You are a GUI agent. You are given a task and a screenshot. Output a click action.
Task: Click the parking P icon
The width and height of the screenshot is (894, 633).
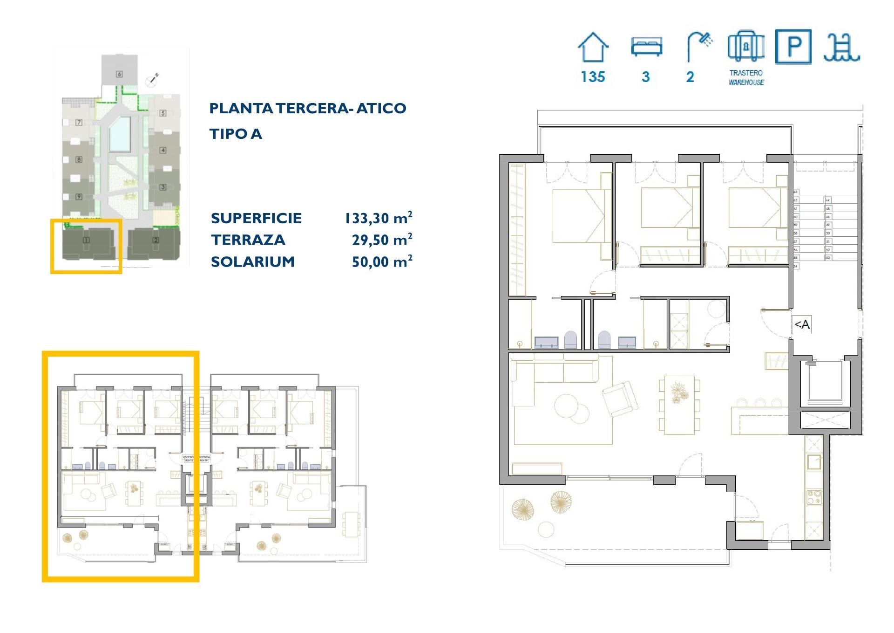(x=793, y=47)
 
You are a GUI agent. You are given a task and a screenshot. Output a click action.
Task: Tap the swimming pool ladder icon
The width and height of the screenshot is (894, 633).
(x=841, y=48)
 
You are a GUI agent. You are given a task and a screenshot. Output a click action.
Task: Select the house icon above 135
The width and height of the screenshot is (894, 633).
(x=593, y=48)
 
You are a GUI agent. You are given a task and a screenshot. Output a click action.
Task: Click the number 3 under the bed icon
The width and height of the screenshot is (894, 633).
(x=645, y=77)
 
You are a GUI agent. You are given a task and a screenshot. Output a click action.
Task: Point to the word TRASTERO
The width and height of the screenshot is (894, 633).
(x=746, y=73)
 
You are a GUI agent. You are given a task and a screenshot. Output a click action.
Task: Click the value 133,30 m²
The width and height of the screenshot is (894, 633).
(x=378, y=218)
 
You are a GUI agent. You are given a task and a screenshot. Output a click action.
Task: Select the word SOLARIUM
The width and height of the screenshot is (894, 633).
(x=253, y=262)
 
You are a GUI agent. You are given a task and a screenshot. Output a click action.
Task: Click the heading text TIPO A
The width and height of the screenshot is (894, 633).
(x=236, y=134)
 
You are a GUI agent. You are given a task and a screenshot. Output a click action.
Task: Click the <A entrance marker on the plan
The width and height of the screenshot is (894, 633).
(x=801, y=324)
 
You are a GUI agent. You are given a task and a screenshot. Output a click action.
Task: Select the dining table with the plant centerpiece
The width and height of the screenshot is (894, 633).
(x=679, y=404)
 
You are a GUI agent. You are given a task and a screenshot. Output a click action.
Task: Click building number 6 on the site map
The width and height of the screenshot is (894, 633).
(x=120, y=74)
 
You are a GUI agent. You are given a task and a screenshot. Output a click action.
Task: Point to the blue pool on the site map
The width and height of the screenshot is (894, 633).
(x=120, y=133)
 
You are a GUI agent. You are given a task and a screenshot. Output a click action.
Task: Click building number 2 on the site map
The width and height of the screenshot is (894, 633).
(x=156, y=241)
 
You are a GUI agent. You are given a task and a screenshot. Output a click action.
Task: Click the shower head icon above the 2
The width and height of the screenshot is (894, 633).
(x=699, y=46)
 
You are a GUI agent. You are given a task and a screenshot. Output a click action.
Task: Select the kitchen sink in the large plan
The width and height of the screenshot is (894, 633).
(x=814, y=461)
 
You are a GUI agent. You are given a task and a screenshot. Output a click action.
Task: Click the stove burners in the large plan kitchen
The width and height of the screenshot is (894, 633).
(x=814, y=497)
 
